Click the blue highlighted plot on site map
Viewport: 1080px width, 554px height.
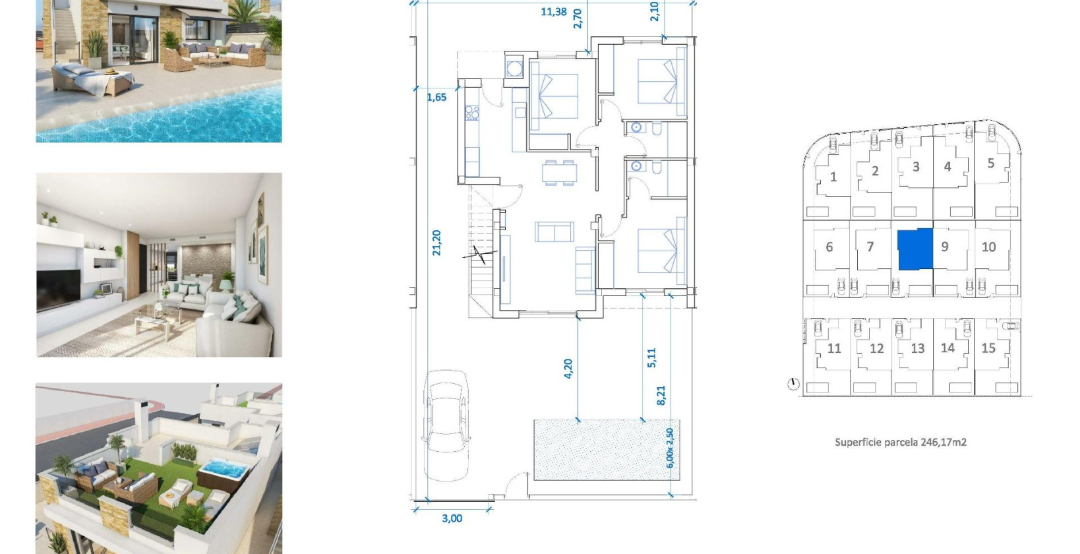916,249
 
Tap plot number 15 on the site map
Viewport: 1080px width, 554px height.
988,348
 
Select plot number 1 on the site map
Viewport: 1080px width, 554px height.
833,177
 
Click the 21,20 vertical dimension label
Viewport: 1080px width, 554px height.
436,243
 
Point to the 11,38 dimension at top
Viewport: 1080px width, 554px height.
553,11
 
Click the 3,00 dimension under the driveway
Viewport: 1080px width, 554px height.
452,518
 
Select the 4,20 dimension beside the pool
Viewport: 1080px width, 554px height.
568,368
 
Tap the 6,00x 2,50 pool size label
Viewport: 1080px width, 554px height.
670,448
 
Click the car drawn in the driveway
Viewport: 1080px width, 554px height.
446,417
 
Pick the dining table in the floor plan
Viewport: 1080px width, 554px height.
559,172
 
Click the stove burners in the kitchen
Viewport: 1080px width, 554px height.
472,113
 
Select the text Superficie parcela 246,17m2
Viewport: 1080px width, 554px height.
900,442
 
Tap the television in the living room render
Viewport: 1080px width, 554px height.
58,289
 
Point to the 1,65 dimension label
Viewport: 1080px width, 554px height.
436,97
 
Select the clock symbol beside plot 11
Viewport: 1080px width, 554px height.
793,384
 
